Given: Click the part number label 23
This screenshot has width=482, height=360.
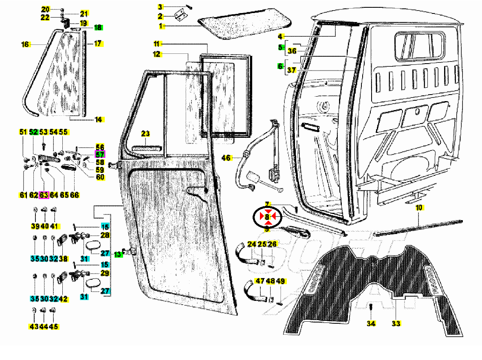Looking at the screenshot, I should click(x=145, y=133).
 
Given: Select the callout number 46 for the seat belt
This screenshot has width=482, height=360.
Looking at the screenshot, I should click(x=226, y=157).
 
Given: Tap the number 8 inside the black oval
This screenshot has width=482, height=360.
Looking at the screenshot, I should click(x=267, y=217).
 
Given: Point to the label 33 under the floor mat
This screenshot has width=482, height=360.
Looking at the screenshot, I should click(x=396, y=324).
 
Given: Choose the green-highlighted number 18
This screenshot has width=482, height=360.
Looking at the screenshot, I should click(x=98, y=28).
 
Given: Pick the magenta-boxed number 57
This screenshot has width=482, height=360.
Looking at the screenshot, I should click(x=100, y=155).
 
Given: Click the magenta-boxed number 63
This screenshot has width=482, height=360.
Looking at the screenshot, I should click(x=44, y=195).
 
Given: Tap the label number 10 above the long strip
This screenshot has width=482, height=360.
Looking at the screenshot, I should click(x=419, y=208).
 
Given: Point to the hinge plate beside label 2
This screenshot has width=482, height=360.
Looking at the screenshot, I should click(x=179, y=15).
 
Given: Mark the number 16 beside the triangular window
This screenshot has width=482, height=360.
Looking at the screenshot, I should click(x=25, y=44).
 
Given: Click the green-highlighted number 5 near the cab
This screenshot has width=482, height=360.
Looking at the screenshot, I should click(x=280, y=47).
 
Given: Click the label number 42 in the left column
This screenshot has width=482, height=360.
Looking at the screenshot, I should click(x=64, y=299).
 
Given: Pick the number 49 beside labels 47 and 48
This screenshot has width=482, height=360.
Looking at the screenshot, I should click(x=280, y=281).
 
